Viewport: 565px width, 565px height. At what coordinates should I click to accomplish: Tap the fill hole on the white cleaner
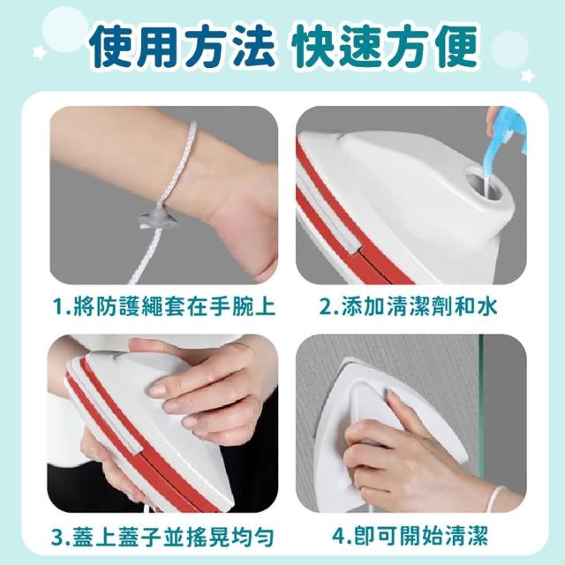pos(485,186)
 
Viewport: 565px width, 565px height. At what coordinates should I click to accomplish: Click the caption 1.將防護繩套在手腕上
pos(164,306)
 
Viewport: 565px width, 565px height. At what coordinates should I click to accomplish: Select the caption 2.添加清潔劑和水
pos(408,306)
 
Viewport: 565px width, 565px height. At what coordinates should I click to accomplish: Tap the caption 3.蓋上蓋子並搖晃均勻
pos(162,536)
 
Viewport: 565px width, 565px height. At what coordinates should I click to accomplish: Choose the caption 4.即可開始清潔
pos(410,536)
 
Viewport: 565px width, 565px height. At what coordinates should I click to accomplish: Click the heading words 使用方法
pos(181,46)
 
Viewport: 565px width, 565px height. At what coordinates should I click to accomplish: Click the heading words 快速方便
pos(385,46)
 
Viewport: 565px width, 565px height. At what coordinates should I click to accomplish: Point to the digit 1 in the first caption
pos(57,307)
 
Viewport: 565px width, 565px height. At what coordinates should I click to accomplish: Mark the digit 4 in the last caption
pos(339,536)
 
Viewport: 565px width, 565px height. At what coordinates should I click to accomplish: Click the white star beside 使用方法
pos(39,53)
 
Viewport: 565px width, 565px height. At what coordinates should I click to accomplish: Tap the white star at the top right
pos(528,76)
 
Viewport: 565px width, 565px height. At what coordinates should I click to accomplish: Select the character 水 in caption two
pos(486,306)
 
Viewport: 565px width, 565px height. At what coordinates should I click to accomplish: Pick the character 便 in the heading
pos(455,46)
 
